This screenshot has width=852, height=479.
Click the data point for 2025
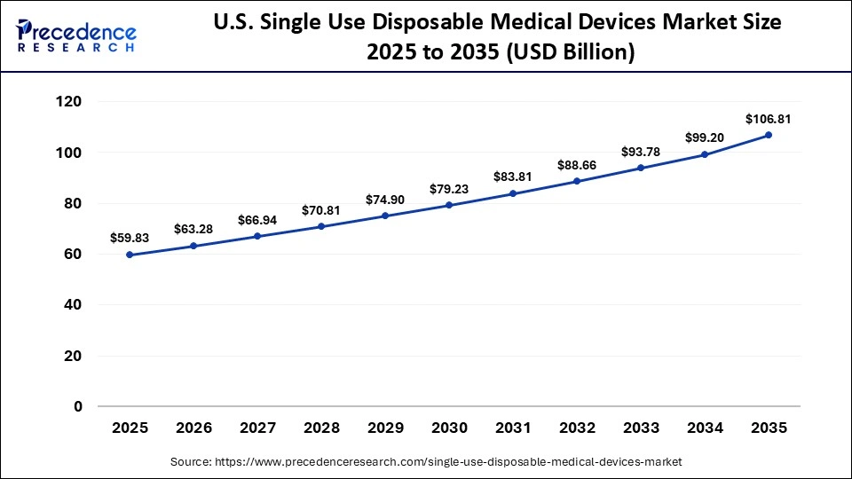pos(130,255)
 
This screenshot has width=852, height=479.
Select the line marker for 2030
pos(449,205)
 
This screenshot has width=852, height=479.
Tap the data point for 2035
pos(769,135)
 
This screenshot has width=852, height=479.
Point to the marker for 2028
pos(321,226)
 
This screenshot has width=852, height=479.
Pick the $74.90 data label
pos(385,199)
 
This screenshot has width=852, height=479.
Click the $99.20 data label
pos(705,137)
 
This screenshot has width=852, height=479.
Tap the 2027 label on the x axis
pos(257,428)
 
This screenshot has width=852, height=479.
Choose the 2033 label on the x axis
pos(641,428)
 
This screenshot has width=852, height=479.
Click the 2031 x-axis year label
pos(513,428)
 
